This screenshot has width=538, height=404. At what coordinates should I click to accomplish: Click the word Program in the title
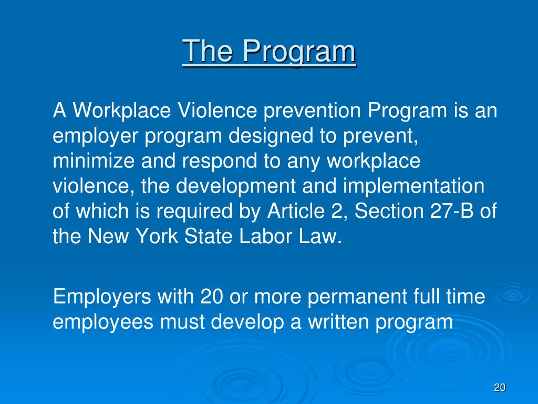click(x=299, y=53)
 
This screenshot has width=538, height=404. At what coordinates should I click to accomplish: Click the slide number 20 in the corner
click(x=499, y=388)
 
